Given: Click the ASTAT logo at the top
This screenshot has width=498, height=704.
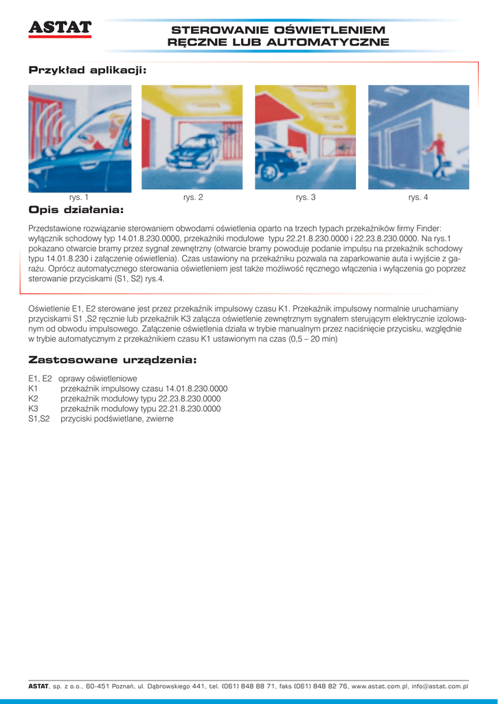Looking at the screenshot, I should tap(60, 27).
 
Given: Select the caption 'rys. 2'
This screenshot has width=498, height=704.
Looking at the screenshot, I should tap(193, 198).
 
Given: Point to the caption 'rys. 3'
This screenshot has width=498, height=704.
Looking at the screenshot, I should tap(306, 198).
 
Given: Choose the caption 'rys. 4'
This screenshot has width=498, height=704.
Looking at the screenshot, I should tap(418, 198).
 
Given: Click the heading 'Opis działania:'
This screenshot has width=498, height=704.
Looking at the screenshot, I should tap(76, 209).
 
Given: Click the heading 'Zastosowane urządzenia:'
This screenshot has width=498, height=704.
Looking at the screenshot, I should tap(113, 360).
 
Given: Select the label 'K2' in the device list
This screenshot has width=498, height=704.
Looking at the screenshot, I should tap(33, 399).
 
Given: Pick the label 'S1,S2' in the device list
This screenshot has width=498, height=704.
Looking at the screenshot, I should tap(39, 418).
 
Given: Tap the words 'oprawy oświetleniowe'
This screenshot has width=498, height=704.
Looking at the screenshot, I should tap(98, 379).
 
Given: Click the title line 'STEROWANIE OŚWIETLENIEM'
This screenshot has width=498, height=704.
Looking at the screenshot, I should tap(278, 30).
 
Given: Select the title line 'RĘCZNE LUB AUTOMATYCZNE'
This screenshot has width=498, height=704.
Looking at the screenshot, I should tap(278, 42).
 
